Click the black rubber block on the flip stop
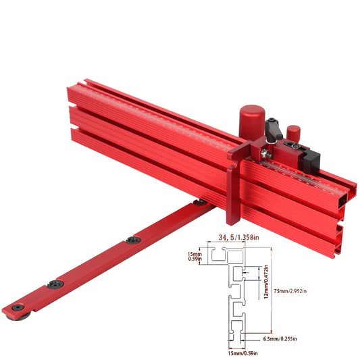pos(313,158)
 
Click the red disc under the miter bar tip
pos(17,313)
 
